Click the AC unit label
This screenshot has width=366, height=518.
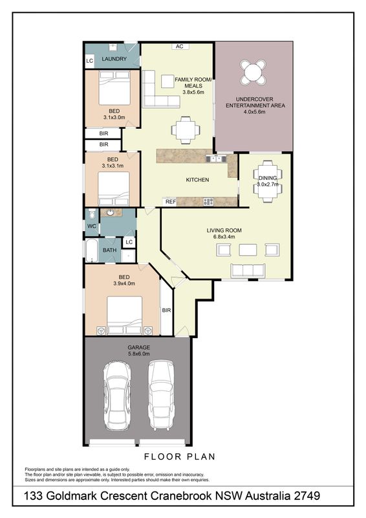[180, 46]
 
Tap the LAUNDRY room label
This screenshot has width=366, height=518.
[114, 59]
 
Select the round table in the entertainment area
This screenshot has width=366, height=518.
[252, 72]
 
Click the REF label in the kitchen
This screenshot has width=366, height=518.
[171, 201]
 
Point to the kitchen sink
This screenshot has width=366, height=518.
[215, 159]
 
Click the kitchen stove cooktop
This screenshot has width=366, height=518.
[208, 201]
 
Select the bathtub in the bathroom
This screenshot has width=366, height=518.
[92, 251]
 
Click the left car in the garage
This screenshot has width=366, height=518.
[117, 395]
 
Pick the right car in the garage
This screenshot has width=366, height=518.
[161, 395]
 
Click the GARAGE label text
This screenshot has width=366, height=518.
[138, 348]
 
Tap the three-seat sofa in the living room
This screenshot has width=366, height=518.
[248, 271]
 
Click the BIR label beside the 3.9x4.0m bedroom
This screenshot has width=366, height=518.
[167, 311]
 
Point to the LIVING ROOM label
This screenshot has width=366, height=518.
[224, 231]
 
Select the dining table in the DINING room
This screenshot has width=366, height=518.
[268, 181]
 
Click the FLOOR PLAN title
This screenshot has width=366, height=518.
[180, 457]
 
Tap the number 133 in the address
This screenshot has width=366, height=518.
[34, 496]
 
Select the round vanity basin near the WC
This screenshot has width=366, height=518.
[111, 212]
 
